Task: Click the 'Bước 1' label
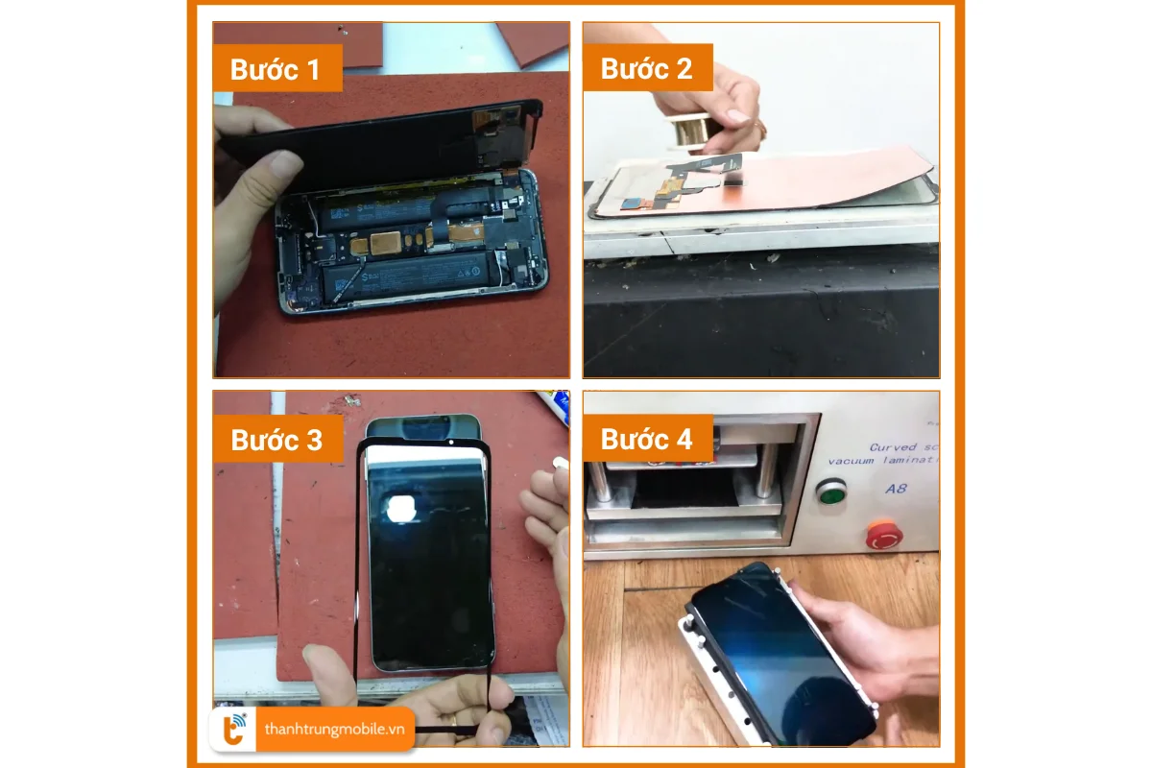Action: pos(276,69)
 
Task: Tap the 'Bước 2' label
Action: pos(646,69)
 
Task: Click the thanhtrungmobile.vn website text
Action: pos(334,730)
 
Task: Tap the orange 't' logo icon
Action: pos(233,730)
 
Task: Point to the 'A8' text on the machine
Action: pos(897,488)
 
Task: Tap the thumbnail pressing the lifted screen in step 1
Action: pos(284,166)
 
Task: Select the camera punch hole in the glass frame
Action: pos(449,444)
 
